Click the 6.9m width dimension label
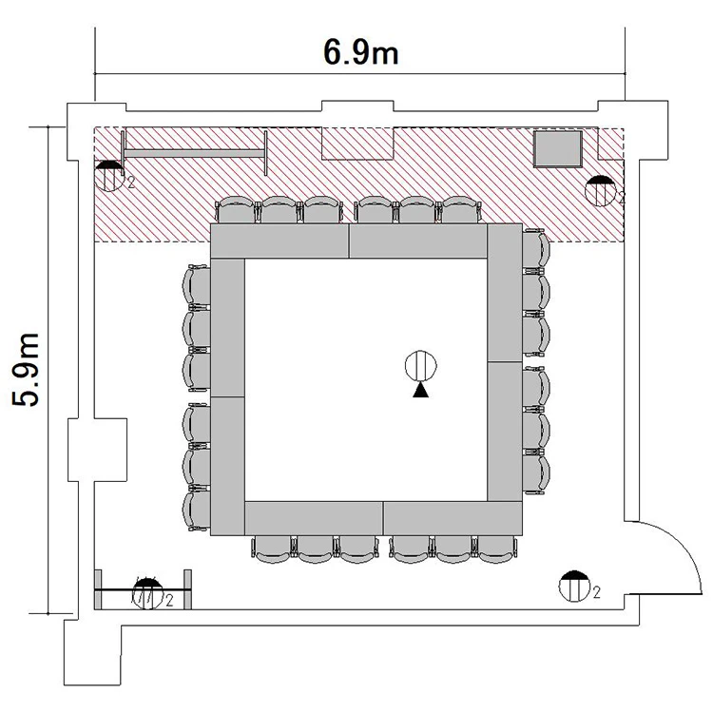click(x=360, y=52)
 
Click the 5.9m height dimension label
click(x=26, y=370)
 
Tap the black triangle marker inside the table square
click(x=420, y=390)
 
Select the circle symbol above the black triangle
click(x=420, y=366)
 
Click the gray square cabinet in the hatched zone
click(x=558, y=148)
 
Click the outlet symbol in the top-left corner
click(x=109, y=176)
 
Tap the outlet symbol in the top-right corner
click(x=601, y=191)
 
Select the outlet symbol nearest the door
click(x=575, y=587)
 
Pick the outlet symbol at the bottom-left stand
click(x=147, y=593)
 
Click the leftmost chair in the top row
click(x=235, y=210)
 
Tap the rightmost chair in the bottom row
click(x=495, y=549)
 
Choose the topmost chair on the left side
click(x=197, y=285)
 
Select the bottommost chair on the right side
click(x=536, y=472)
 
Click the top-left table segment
click(x=279, y=241)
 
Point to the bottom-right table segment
click(x=453, y=518)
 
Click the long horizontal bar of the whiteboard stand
click(x=194, y=154)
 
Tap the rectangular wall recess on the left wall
click(x=97, y=450)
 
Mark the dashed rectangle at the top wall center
click(x=357, y=144)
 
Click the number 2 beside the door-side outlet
click(x=597, y=592)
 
